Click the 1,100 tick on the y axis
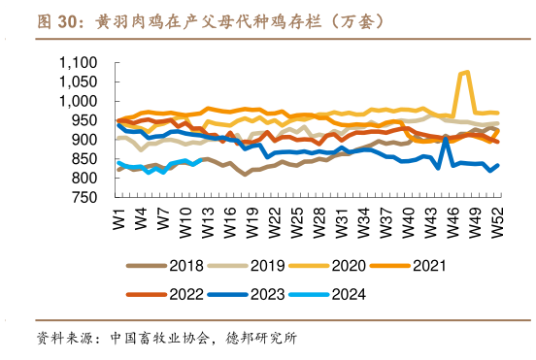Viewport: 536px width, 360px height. click(x=79, y=62)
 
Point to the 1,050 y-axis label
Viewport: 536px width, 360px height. click(x=79, y=82)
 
